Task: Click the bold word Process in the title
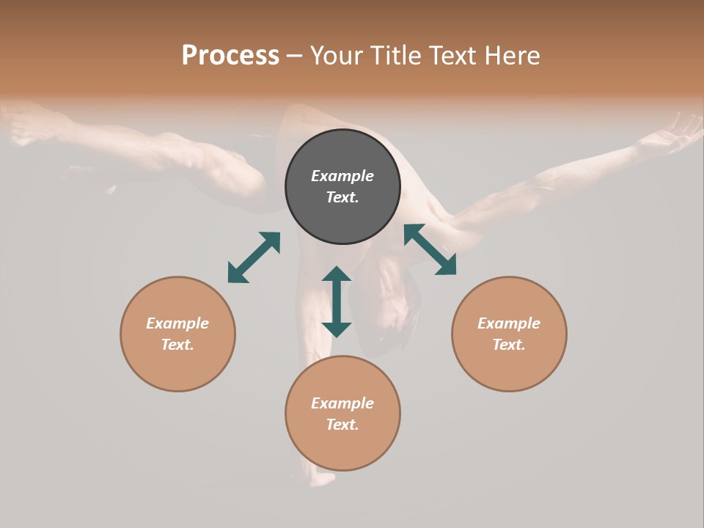(230, 56)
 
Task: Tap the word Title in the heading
(397, 56)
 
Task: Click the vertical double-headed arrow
(337, 301)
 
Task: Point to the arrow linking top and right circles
(430, 249)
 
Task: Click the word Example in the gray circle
(342, 176)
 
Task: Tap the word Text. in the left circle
(177, 345)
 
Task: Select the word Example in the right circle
(509, 323)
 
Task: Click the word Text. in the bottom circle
(342, 425)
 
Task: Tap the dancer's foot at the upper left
(29, 121)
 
